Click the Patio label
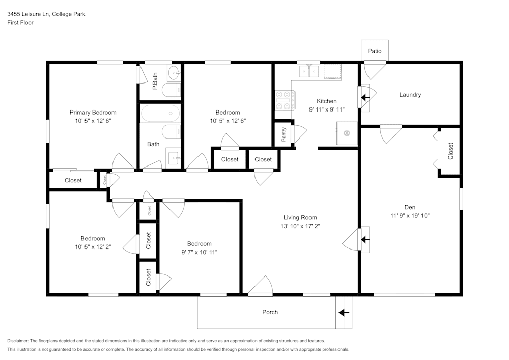point(375,51)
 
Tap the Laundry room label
point(410,95)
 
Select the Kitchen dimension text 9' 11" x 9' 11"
point(327,109)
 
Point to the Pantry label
point(284,135)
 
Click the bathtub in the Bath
point(160,113)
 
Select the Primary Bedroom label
point(93,113)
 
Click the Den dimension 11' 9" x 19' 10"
point(410,215)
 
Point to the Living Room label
point(300,217)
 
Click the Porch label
point(270,312)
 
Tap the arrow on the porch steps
point(345,312)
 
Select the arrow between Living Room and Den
point(365,239)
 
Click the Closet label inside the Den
point(450,151)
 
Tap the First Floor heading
point(20,23)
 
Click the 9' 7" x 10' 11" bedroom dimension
point(199,252)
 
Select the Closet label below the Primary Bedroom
point(73,180)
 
